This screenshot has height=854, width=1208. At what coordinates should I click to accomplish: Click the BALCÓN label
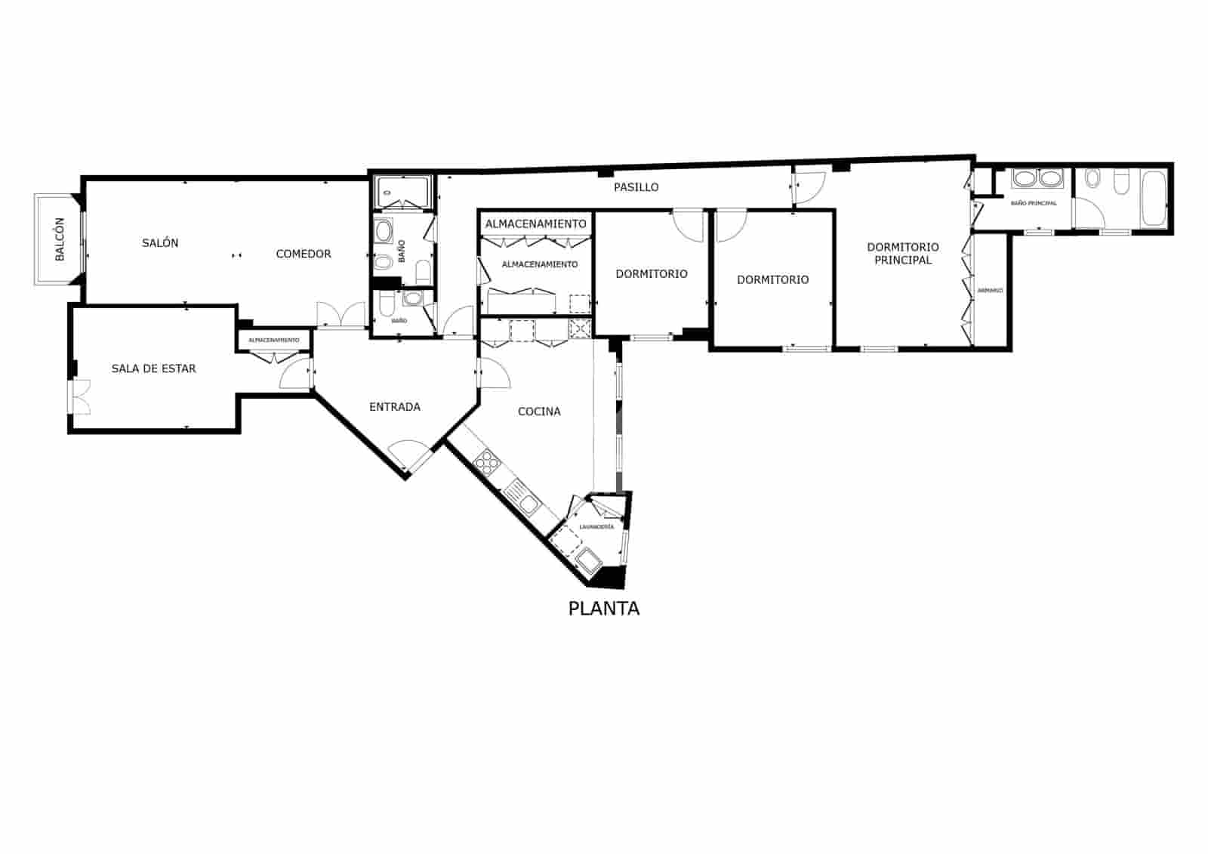point(60,240)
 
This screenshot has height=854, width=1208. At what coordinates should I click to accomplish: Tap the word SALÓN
point(160,243)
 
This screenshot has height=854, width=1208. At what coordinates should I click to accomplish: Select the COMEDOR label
point(304,254)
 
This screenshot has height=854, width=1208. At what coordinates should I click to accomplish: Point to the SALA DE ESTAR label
point(153,368)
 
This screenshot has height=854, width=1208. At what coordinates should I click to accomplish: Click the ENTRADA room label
point(395,407)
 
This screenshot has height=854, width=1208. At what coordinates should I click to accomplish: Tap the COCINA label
point(539,412)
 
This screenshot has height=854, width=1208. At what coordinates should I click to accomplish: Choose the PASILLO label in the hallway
point(636,187)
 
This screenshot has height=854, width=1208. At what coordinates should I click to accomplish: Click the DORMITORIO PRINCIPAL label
point(903,254)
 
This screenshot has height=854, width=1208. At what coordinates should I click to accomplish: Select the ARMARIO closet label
point(990,290)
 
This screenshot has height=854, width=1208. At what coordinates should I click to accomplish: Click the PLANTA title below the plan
point(603,609)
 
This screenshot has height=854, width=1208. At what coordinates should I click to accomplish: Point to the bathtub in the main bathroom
point(1153,198)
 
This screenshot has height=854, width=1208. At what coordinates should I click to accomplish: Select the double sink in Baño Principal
point(1037,179)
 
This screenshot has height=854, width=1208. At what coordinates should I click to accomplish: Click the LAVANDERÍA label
point(596,526)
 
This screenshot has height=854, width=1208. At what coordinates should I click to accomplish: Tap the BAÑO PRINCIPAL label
point(1034,203)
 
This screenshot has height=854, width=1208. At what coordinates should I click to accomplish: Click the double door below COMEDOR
point(341,315)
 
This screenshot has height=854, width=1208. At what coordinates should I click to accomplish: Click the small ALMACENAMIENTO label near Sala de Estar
point(274,341)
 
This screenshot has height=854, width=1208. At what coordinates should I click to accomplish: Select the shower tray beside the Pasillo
point(405,193)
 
